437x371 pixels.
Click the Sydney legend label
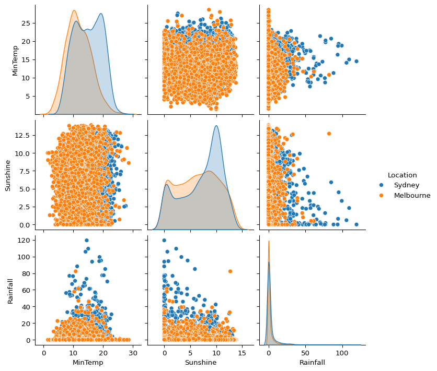point(407,185)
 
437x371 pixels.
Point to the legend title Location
point(402,175)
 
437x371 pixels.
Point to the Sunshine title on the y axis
point(8,176)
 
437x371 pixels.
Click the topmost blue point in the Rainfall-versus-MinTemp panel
point(86,241)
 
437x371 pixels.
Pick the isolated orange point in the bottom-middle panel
point(230,271)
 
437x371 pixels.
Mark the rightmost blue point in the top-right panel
point(356,61)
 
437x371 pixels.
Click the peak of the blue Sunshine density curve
point(216,126)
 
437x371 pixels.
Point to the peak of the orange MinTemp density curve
point(74,10)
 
